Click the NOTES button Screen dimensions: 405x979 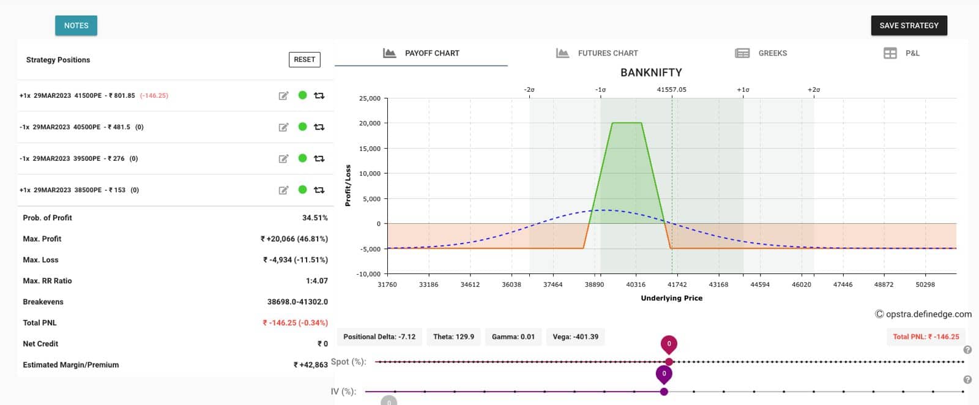click(76, 26)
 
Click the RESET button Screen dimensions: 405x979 click(304, 59)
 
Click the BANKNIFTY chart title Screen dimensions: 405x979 click(651, 72)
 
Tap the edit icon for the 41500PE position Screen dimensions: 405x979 click(283, 95)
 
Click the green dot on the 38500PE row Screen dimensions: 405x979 click(302, 190)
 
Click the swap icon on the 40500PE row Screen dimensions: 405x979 click(319, 127)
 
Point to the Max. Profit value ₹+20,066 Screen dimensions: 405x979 click(294, 239)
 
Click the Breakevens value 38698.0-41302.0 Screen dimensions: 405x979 click(297, 302)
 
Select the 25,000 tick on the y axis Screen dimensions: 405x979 click(370, 98)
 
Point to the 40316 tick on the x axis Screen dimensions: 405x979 click(635, 284)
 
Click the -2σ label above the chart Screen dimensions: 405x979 click(529, 90)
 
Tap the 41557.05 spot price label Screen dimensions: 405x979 click(671, 90)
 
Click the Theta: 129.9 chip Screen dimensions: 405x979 click(453, 336)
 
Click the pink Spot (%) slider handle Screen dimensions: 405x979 click(669, 362)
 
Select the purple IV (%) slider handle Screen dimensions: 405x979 click(664, 392)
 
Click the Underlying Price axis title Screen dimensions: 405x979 click(671, 298)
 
